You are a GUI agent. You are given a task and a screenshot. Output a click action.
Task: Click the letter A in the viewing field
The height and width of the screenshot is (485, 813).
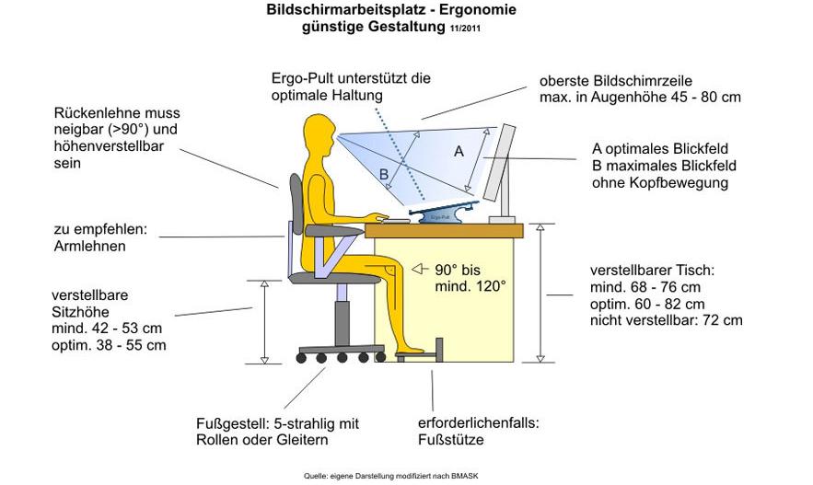(459, 153)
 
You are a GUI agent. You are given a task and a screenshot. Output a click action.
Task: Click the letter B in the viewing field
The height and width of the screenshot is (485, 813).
(383, 172)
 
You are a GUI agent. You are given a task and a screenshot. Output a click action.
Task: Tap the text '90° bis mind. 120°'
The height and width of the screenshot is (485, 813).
(470, 277)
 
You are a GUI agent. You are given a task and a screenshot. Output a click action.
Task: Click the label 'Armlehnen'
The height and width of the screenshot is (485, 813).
(89, 246)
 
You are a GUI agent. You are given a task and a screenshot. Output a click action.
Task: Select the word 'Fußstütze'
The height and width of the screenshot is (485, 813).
(450, 440)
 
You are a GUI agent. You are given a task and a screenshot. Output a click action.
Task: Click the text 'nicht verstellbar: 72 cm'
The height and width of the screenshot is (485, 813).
(666, 320)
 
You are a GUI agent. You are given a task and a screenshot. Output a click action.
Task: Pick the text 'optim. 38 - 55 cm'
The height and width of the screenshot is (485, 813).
(109, 345)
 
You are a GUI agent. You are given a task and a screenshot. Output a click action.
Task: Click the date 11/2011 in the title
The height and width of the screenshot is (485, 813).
(465, 29)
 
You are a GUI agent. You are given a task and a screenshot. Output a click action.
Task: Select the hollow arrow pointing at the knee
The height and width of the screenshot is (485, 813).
(420, 269)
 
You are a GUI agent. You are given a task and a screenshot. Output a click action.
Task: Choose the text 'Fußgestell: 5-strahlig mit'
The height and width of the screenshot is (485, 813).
(276, 423)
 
